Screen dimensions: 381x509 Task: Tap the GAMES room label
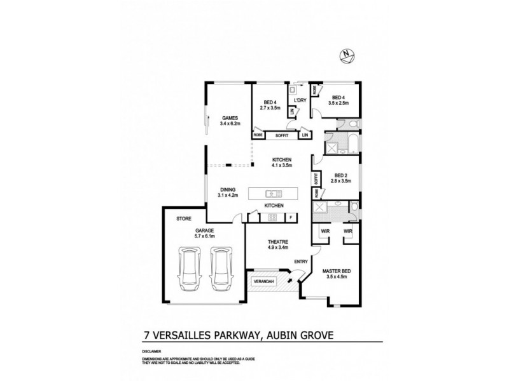pyautogui.click(x=230, y=117)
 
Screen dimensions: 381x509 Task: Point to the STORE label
pyautogui.click(x=183, y=218)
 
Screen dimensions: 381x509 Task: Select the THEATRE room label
pyautogui.click(x=278, y=241)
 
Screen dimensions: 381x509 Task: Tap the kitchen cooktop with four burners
pyautogui.click(x=272, y=218)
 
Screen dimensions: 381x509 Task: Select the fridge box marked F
pyautogui.click(x=291, y=218)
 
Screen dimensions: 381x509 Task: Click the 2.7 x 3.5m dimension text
pyautogui.click(x=270, y=107)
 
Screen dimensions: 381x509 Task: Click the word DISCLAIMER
pyautogui.click(x=152, y=350)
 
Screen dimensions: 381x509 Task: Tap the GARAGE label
pyautogui.click(x=204, y=231)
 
